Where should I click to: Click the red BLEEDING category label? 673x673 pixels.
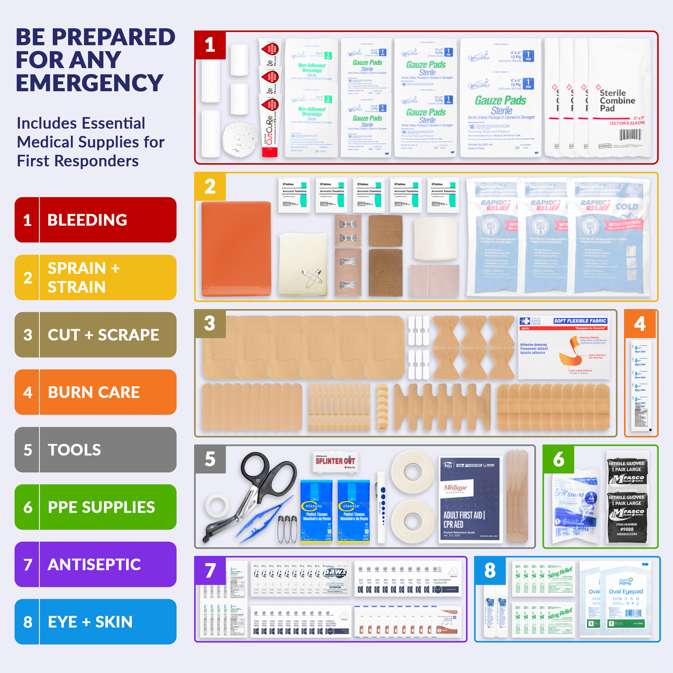pyautogui.click(x=95, y=220)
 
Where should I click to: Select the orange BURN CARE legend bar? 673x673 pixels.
pyautogui.click(x=95, y=392)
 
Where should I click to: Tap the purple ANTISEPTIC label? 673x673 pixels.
pyautogui.click(x=95, y=564)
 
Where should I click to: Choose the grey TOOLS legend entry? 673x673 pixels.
pyautogui.click(x=95, y=450)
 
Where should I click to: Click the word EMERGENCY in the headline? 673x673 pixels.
pyautogui.click(x=90, y=83)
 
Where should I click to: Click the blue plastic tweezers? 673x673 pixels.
pyautogui.click(x=263, y=519)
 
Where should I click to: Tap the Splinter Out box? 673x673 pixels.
pyautogui.click(x=335, y=462)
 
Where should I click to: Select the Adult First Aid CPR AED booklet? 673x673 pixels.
pyautogui.click(x=470, y=499)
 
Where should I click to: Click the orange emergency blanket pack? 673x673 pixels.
pyautogui.click(x=236, y=249)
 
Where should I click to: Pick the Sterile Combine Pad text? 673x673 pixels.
pyautogui.click(x=617, y=101)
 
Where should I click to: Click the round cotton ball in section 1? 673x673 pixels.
pyautogui.click(x=240, y=139)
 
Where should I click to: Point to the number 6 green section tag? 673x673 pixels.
pyautogui.click(x=559, y=459)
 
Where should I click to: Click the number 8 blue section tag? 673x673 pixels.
pyautogui.click(x=490, y=571)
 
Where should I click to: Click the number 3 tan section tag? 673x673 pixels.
pyautogui.click(x=210, y=323)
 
